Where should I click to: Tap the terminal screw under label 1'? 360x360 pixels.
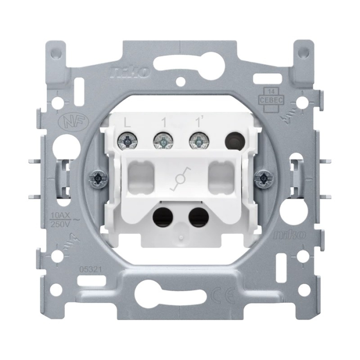[x=196, y=139]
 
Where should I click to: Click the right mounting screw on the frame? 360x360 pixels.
[x=263, y=178]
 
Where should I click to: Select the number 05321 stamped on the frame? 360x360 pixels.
[x=91, y=268]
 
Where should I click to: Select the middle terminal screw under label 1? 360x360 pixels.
[x=161, y=139]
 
